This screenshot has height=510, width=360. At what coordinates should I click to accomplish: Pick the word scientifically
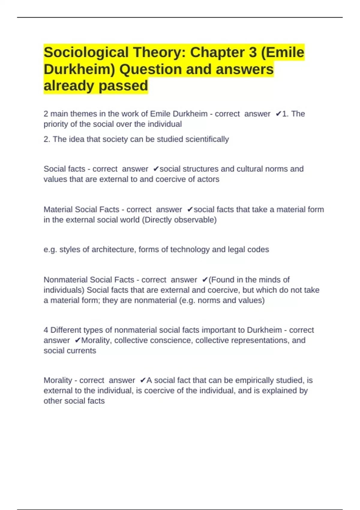click(x=207, y=139)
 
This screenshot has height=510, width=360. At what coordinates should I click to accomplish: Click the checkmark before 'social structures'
click(x=156, y=169)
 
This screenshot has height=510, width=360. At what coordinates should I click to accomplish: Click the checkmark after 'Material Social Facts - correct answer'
click(x=190, y=210)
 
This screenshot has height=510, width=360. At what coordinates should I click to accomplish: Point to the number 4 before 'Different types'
click(x=46, y=330)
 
